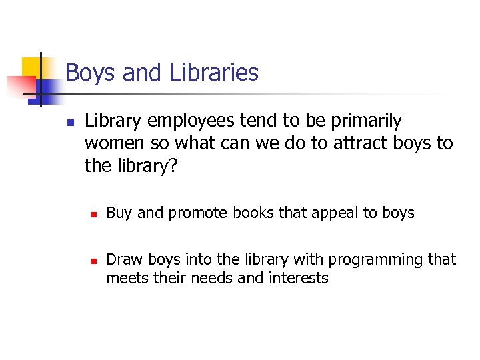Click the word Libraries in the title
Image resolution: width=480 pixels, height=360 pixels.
[x=214, y=72]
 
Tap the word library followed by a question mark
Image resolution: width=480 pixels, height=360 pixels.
[x=147, y=165]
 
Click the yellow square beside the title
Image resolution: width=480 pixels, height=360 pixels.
[x=31, y=67]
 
